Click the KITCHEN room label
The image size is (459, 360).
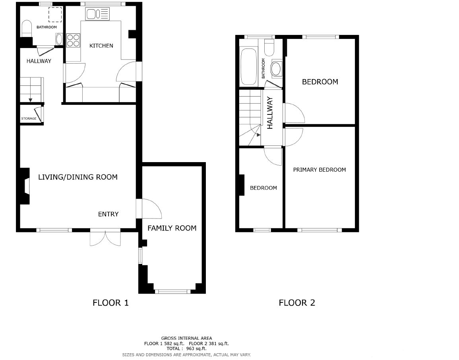click(x=101, y=46)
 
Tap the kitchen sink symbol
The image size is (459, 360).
click(x=97, y=14)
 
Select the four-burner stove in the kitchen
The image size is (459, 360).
click(x=73, y=41)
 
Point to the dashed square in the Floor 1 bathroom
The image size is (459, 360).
click(x=55, y=15)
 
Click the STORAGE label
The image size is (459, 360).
click(x=29, y=118)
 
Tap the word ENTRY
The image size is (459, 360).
click(x=108, y=214)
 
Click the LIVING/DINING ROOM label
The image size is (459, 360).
click(x=78, y=177)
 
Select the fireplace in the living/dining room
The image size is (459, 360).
click(x=25, y=186)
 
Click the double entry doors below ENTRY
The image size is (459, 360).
click(x=105, y=238)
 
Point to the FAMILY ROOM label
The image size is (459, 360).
click(x=172, y=228)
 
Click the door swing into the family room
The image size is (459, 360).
click(x=151, y=209)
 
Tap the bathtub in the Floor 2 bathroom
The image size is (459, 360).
click(x=248, y=67)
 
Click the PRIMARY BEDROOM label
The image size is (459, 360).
click(x=320, y=170)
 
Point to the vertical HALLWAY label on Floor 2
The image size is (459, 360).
click(x=270, y=113)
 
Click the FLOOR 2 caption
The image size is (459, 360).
click(x=297, y=303)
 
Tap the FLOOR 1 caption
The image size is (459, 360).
click(x=110, y=303)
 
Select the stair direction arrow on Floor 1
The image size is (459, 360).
click(x=31, y=101)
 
